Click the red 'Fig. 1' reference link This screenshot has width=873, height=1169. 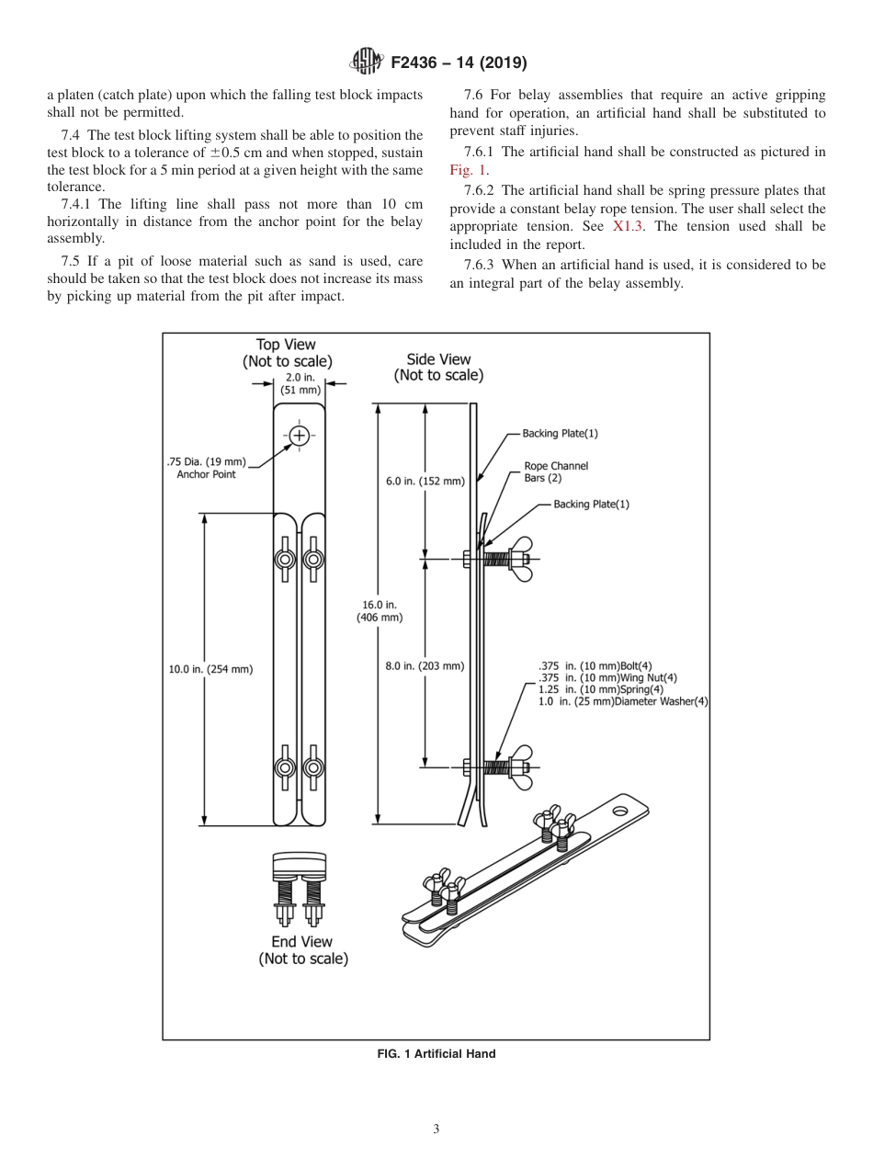click(468, 169)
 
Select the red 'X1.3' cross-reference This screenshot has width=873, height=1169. click(629, 225)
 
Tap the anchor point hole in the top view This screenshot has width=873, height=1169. click(300, 436)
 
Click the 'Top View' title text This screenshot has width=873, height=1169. click(286, 345)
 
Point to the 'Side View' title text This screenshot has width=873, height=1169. click(438, 359)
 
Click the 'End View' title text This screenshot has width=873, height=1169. click(301, 942)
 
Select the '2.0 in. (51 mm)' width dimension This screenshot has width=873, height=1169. click(299, 383)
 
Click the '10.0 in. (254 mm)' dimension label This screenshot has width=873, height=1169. click(210, 669)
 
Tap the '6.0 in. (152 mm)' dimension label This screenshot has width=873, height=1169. click(425, 481)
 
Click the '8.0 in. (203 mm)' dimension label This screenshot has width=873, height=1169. click(425, 665)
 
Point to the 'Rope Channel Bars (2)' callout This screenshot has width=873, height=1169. click(555, 471)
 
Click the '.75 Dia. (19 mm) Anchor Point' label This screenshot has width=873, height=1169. click(206, 468)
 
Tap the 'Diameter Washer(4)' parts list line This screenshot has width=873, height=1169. click(622, 701)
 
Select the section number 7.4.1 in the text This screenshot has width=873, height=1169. click(78, 205)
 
